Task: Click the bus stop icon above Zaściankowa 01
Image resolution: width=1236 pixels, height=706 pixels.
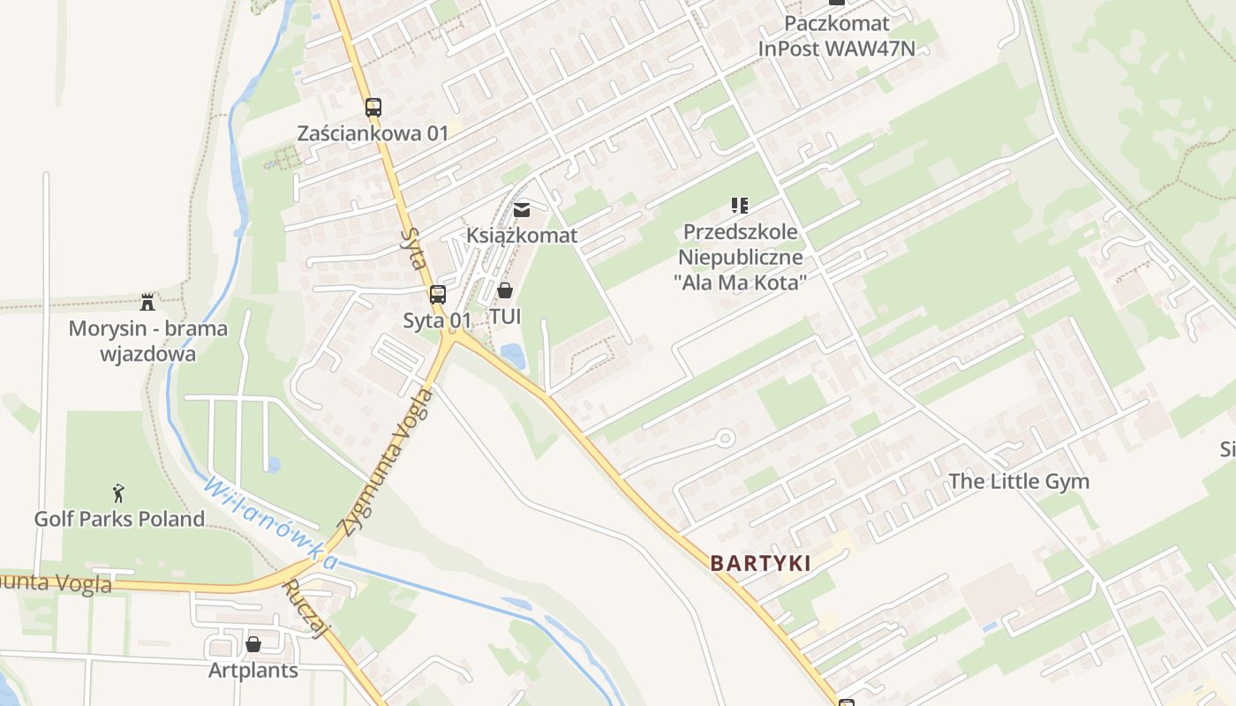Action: (x=373, y=108)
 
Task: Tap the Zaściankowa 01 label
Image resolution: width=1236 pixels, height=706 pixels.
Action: (x=373, y=133)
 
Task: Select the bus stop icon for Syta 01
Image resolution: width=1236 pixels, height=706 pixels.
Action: (x=438, y=295)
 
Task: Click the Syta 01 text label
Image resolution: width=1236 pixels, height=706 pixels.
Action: (x=437, y=320)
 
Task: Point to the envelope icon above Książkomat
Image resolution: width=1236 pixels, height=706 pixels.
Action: (x=522, y=210)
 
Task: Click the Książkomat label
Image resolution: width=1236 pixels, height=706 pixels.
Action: (x=522, y=235)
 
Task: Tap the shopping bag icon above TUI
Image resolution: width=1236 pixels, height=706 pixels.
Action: (x=505, y=290)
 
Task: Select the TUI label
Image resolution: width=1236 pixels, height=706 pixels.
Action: (x=505, y=316)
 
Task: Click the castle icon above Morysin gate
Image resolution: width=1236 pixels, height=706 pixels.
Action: (x=147, y=303)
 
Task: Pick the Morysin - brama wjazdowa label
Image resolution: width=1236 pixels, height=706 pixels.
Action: (x=148, y=342)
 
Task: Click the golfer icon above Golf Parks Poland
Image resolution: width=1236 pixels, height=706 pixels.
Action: (x=119, y=493)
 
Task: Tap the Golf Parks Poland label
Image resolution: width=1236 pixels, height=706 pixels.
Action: (x=119, y=518)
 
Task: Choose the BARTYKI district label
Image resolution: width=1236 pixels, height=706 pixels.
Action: (x=760, y=563)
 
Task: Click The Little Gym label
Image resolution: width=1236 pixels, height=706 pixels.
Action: (x=1019, y=481)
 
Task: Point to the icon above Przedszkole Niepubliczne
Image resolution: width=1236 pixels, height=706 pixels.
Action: (x=740, y=207)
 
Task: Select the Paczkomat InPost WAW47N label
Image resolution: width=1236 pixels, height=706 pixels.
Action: (x=836, y=36)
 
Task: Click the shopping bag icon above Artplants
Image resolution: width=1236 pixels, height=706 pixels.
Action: (x=253, y=644)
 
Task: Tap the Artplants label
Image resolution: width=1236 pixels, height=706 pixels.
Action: (x=253, y=670)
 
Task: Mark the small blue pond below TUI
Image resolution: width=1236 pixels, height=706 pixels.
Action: (x=512, y=356)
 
